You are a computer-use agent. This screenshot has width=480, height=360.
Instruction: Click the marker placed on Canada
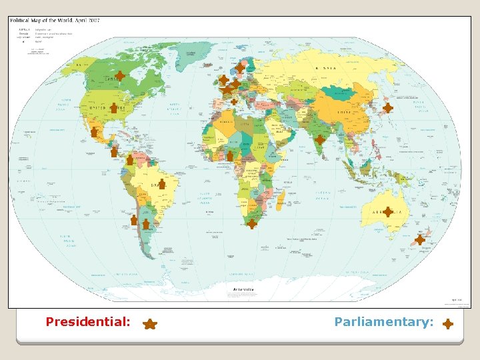coord(119,77)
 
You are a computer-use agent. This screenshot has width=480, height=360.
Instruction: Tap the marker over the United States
coord(114,107)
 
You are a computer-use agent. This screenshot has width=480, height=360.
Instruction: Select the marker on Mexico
coord(95,133)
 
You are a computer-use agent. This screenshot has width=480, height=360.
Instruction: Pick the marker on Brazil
coord(161,184)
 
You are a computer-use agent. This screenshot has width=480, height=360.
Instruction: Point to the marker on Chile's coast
coord(134,219)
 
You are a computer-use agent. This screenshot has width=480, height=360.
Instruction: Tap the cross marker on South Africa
coord(251,224)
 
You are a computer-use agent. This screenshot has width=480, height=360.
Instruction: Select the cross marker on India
coord(320,140)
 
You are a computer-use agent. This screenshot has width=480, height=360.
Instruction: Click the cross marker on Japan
coord(387,107)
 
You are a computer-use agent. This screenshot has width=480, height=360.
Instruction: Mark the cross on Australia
coord(387,212)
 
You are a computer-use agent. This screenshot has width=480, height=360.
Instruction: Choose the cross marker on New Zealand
coord(419,239)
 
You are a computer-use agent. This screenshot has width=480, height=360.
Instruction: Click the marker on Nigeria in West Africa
coord(230,156)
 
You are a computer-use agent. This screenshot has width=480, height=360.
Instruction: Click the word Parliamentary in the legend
coord(384,322)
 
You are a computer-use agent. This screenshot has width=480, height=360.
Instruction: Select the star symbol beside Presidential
coord(150,324)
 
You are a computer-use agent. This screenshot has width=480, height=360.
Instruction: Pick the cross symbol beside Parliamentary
coord(448,324)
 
